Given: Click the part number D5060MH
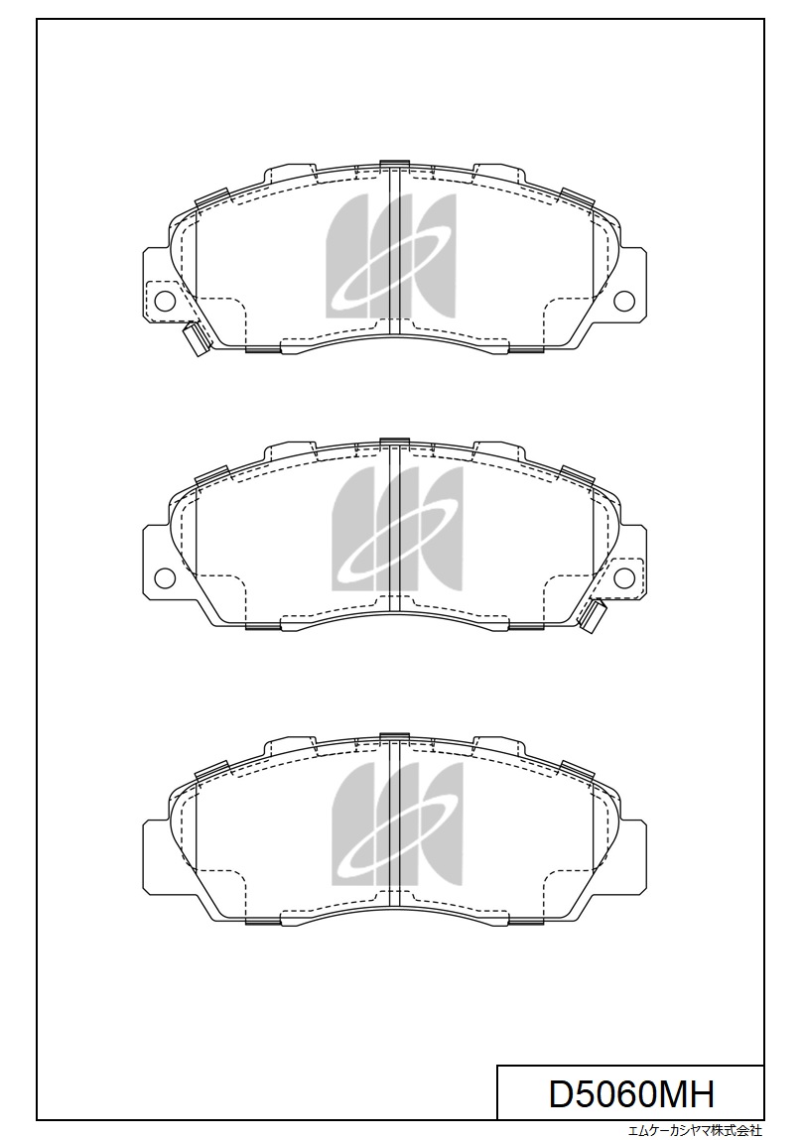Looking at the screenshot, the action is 631,1093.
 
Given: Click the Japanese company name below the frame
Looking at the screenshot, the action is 695,1130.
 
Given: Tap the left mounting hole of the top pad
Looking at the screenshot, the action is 165,299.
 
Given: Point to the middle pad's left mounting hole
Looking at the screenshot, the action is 165,576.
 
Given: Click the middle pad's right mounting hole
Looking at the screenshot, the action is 624,576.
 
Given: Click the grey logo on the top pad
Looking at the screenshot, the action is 390,256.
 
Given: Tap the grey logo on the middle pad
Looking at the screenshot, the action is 397,529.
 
